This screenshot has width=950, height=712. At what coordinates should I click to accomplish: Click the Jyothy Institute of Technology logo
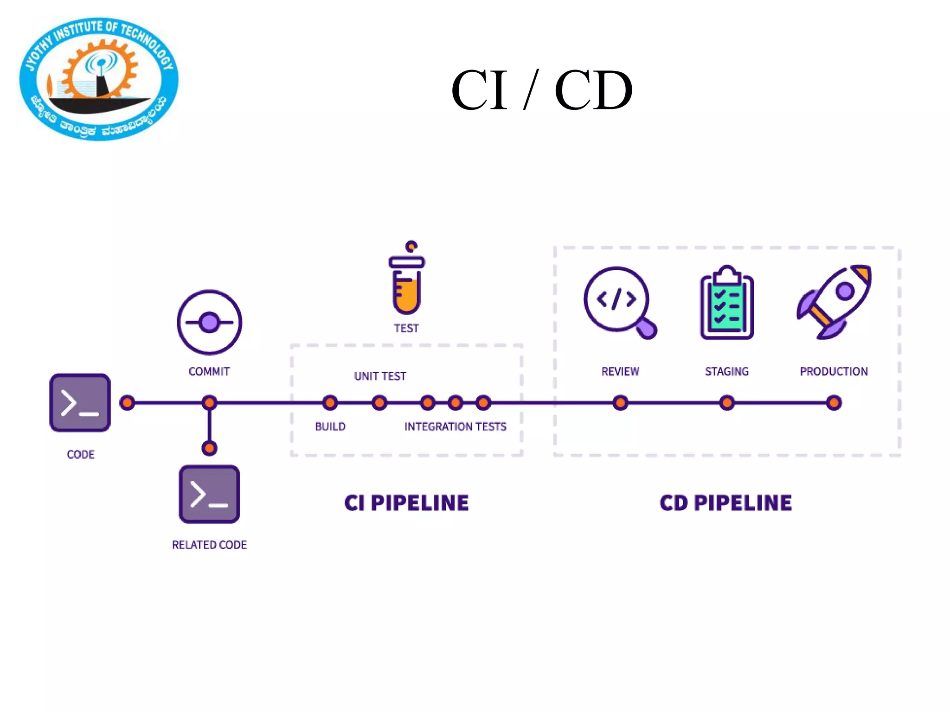coord(99,79)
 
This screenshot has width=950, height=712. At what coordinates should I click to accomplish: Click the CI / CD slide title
coord(541,90)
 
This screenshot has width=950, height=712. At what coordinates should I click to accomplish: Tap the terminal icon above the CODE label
coord(80,402)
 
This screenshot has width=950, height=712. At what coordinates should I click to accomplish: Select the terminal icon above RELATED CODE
coord(209,494)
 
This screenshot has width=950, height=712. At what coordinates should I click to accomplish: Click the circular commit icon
coord(209,322)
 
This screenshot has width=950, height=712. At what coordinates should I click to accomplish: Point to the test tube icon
coord(407,278)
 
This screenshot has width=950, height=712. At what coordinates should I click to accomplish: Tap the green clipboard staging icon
coord(727,303)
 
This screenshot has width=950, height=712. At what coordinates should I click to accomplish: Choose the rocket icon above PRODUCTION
coord(834,302)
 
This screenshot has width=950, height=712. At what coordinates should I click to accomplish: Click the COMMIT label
coord(209,371)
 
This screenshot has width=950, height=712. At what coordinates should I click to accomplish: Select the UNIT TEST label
coord(380,376)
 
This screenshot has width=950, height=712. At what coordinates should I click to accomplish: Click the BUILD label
coord(330,426)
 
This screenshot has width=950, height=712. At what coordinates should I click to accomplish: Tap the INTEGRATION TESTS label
coord(455,426)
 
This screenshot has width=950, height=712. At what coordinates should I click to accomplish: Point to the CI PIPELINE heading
coord(406,503)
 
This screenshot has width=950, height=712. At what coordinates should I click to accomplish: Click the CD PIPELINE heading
coord(725,503)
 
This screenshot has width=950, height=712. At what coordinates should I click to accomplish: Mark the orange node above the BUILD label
coord(330,403)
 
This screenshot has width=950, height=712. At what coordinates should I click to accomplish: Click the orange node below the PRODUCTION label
coord(834,403)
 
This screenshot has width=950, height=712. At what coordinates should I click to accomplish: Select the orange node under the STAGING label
coord(727,403)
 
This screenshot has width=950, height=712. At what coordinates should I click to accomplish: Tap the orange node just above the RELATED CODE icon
coord(209,448)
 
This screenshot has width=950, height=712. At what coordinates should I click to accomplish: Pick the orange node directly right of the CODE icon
coord(127,403)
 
